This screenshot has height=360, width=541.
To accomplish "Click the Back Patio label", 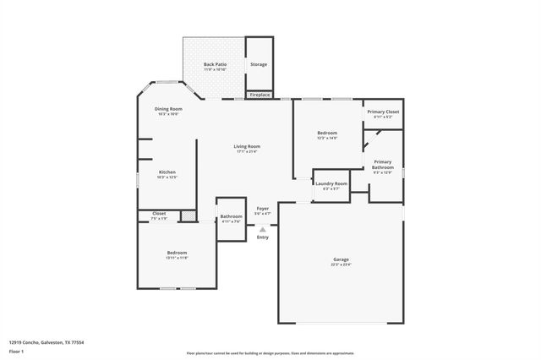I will pos(214,64).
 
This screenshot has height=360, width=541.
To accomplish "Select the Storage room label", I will pos(259,64).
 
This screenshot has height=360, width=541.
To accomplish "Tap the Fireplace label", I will pos(260,95).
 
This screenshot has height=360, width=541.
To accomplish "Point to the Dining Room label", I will pos(167,109).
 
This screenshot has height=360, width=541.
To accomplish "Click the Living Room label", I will pos(247,146).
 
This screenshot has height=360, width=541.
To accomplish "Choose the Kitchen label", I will pos(167,172).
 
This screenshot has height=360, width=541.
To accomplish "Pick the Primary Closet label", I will pos(382,112).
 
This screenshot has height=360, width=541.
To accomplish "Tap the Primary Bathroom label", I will pos(383,164).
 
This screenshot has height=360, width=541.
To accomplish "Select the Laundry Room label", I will pos(331,183).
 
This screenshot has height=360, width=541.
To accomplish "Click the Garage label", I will pos(341,259).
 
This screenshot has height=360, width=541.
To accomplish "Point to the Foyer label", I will pos(263,208).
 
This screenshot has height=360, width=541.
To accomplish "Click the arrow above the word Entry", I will pos(263,228).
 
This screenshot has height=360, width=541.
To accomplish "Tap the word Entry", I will pos(263,237).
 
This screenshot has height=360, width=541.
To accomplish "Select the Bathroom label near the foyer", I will pos(231,216).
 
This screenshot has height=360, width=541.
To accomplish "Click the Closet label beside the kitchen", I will pos(159,213).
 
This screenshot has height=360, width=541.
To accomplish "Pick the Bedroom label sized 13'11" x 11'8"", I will pos(177,254).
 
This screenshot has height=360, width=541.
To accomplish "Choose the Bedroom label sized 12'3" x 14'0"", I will pos(327,134).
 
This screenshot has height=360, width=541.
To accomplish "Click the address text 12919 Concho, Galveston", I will pos(46,342).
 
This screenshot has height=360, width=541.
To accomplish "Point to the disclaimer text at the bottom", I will pos(270,353).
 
